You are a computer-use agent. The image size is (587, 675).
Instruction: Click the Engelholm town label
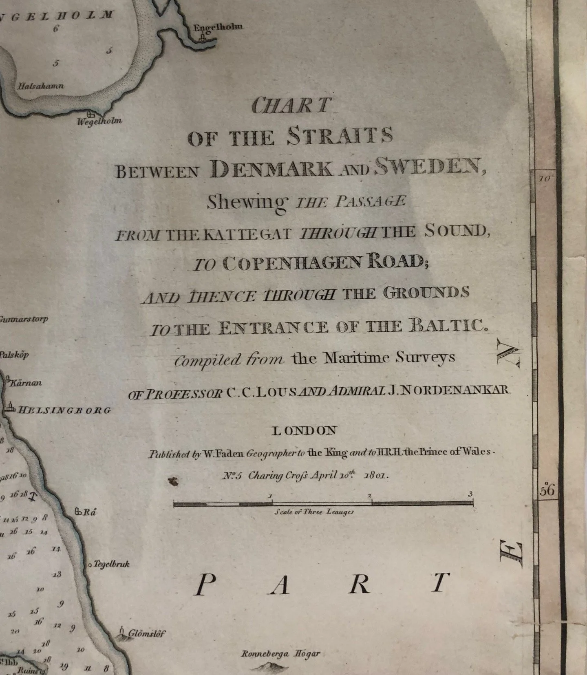(x=218, y=27)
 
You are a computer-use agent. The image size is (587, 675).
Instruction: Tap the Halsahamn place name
(x=41, y=86)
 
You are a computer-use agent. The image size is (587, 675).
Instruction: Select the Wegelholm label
(x=99, y=121)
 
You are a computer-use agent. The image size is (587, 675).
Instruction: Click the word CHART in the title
(x=291, y=106)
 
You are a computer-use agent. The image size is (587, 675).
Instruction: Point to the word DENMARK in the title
(x=271, y=168)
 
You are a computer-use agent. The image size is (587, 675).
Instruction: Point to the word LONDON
(x=304, y=431)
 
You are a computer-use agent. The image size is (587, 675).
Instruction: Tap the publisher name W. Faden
(x=223, y=453)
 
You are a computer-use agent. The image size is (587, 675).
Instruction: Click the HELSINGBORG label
(x=64, y=410)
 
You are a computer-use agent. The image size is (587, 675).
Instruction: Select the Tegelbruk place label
(x=111, y=564)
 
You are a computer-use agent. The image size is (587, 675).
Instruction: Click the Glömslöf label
(x=147, y=633)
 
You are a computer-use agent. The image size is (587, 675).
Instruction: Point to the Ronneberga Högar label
(x=280, y=654)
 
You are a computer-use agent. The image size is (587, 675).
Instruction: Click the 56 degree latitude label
(x=547, y=490)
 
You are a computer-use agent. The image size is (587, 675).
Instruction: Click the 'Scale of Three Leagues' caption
(x=314, y=512)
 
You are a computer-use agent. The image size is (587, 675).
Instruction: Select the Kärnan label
(x=25, y=383)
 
